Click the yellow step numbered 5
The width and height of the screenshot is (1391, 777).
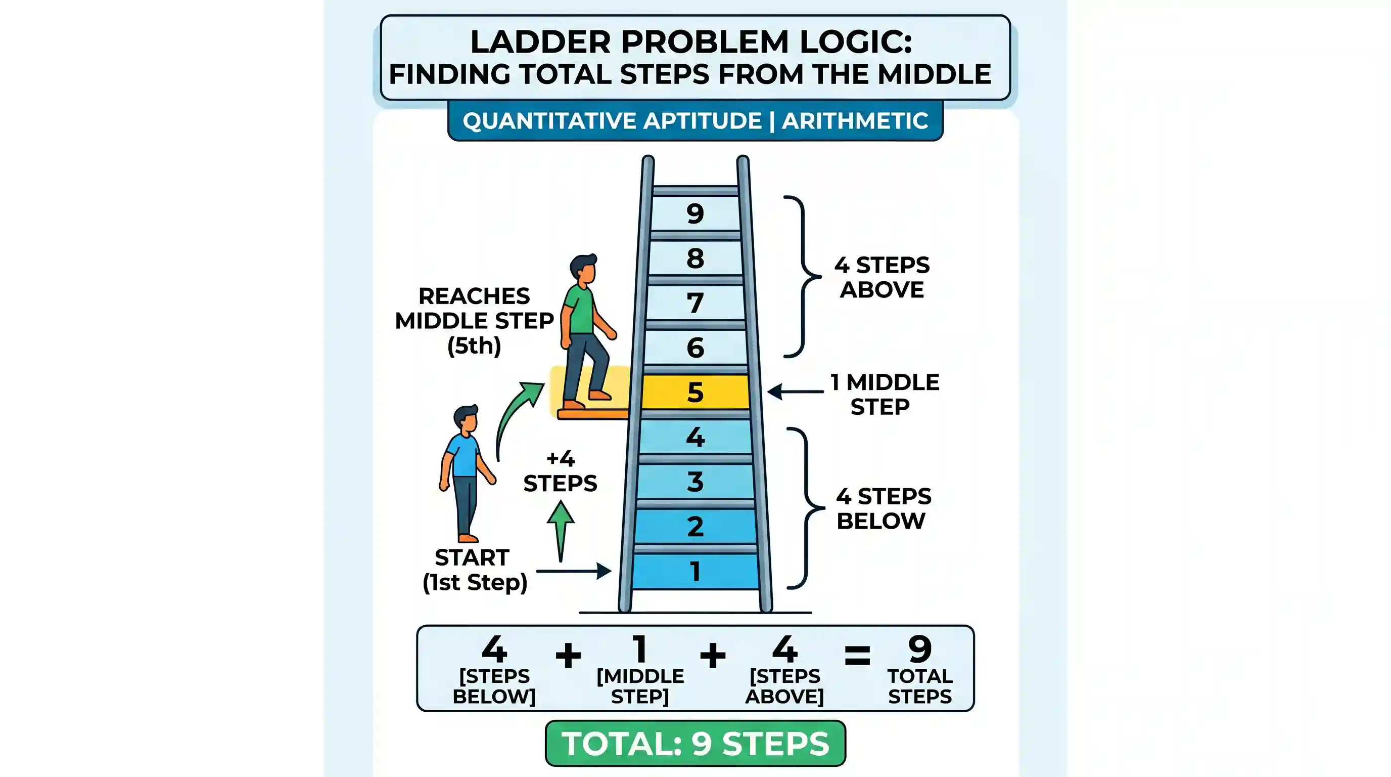[695, 392]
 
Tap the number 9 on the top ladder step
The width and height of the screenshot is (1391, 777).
[695, 213]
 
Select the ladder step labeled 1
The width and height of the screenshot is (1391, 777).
[695, 571]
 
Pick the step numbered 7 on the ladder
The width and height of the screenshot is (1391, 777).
[695, 303]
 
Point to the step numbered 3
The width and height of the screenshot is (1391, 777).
[695, 482]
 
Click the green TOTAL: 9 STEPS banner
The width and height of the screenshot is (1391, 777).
[695, 743]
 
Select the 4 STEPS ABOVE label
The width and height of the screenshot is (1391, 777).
[882, 277]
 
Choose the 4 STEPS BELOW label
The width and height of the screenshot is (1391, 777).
[884, 508]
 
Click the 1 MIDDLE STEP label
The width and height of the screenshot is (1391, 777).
[885, 394]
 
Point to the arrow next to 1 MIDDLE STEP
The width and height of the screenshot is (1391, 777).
[796, 392]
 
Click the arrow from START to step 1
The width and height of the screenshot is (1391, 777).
[574, 571]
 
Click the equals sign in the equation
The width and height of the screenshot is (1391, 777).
[857, 656]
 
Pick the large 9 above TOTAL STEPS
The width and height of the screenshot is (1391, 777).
[919, 649]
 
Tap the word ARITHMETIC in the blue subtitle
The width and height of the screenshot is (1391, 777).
[855, 120]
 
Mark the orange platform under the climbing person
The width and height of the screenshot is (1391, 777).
[593, 414]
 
